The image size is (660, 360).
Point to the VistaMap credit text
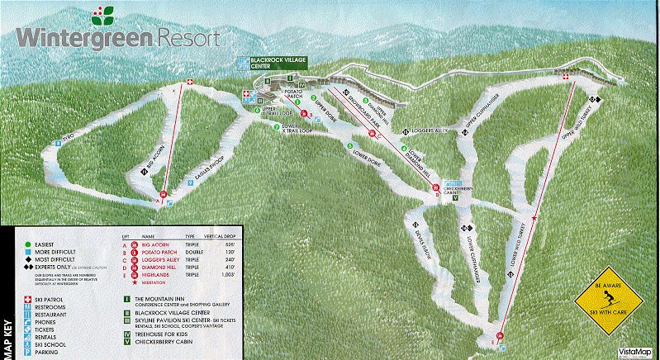coord(636,352)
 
